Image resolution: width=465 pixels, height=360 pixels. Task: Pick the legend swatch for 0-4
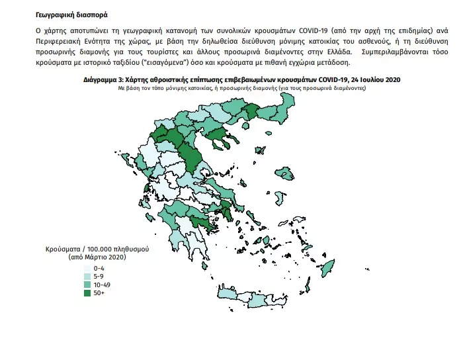(87, 267)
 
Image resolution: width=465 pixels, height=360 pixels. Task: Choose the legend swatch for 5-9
(87, 275)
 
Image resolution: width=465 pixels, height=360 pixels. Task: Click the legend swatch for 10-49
(87, 283)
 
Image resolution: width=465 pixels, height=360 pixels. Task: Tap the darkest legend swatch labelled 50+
(87, 291)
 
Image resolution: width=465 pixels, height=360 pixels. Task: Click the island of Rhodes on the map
(327, 269)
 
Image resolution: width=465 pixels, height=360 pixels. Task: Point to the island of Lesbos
(286, 174)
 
